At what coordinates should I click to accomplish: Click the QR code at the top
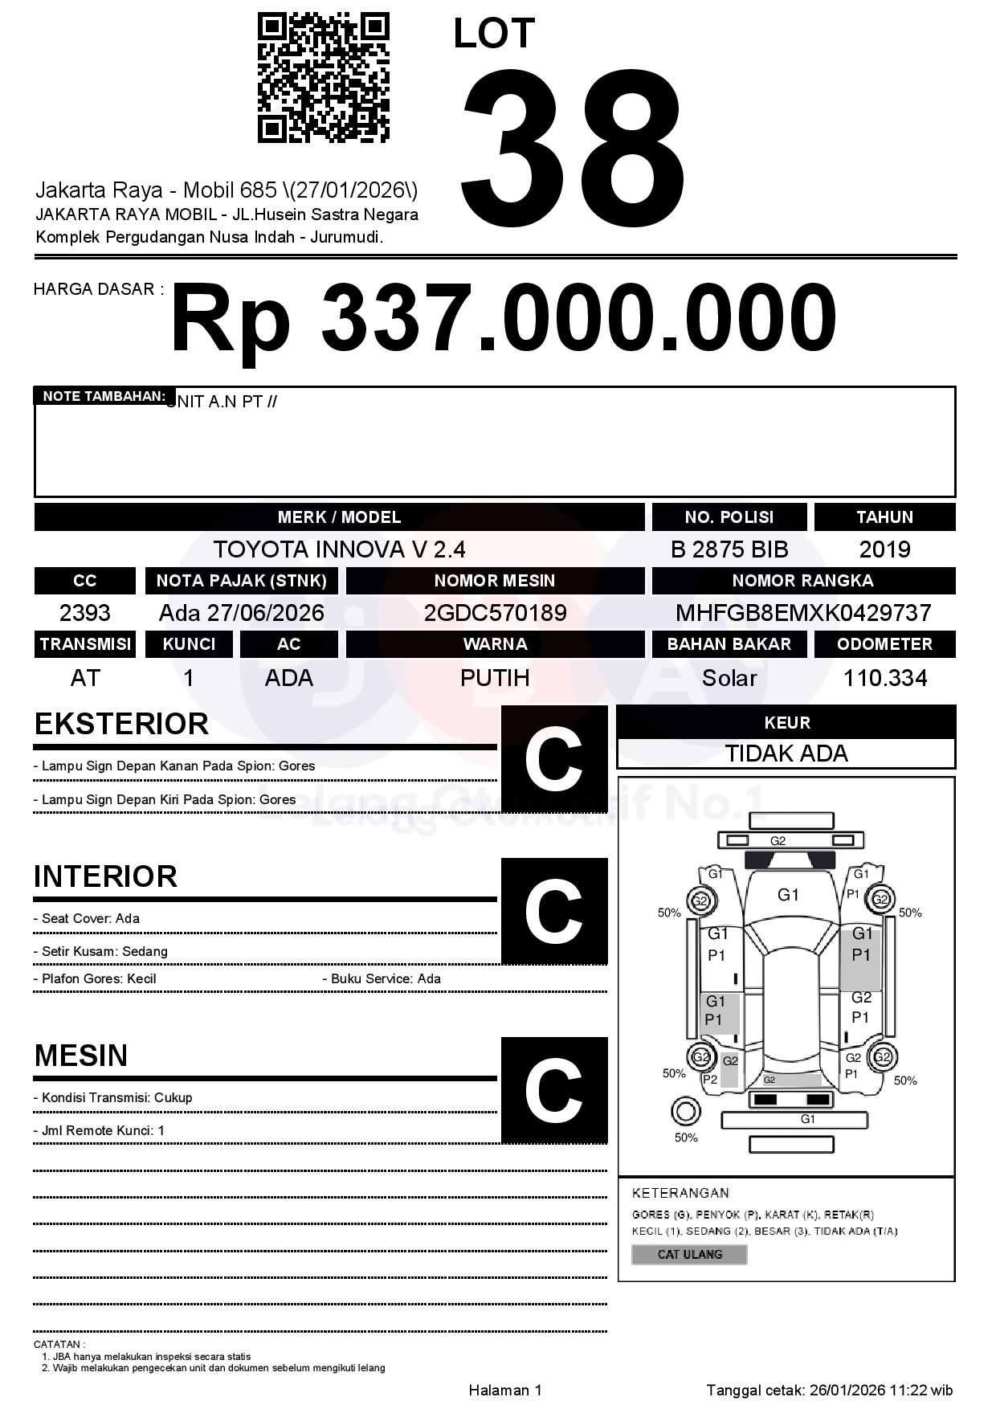323,78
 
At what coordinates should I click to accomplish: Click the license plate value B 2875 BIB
729,549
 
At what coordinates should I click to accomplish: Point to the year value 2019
884,549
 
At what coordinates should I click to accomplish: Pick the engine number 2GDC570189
495,613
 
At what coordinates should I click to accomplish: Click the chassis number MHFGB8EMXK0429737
802,613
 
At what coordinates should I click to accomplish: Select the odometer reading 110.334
884,678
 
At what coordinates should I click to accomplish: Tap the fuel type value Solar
729,678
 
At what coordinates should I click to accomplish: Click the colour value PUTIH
495,678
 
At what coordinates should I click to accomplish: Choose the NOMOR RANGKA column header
802,581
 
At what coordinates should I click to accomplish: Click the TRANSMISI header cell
85,644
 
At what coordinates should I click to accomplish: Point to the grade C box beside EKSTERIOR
554,759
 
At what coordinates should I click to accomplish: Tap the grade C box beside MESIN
554,1089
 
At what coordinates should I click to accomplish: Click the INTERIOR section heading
105,876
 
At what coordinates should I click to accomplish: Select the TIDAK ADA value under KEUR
786,754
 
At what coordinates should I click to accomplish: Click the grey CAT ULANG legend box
689,1254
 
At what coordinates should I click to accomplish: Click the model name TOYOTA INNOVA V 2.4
339,549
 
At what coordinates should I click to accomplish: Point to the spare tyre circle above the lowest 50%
685,1112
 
